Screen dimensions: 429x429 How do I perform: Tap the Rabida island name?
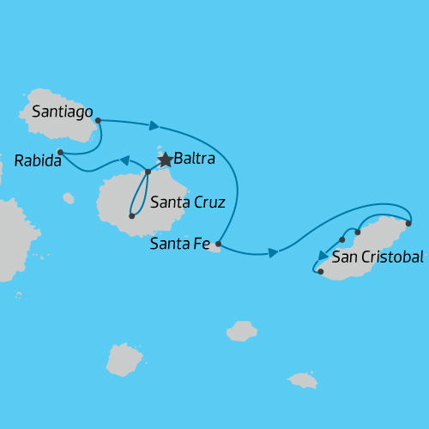(x=38, y=160)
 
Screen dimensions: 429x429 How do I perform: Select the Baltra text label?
(x=194, y=159)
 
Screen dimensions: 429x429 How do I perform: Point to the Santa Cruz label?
(x=187, y=203)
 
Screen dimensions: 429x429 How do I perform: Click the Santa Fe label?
(x=179, y=245)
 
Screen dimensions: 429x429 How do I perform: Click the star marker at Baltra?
(x=166, y=160)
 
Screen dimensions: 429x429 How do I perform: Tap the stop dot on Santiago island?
(x=98, y=121)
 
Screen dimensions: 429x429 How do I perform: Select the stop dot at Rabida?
(x=60, y=153)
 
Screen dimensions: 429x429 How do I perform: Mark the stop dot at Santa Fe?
(x=219, y=245)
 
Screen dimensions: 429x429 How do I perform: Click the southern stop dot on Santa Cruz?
(x=131, y=216)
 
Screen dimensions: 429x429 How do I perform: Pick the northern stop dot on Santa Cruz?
(x=148, y=172)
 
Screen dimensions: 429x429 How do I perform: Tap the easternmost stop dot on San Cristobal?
(x=408, y=223)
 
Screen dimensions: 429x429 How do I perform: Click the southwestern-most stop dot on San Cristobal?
(x=320, y=272)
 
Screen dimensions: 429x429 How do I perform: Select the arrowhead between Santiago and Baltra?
(x=154, y=126)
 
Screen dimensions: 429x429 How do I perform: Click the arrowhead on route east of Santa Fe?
(x=273, y=252)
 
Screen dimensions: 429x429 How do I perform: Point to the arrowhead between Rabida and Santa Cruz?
(x=124, y=160)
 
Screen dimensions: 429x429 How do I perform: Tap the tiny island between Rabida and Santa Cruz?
(x=68, y=198)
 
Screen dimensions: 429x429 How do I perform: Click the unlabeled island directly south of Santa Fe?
(x=242, y=330)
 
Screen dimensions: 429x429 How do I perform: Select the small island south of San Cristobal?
(x=303, y=379)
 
